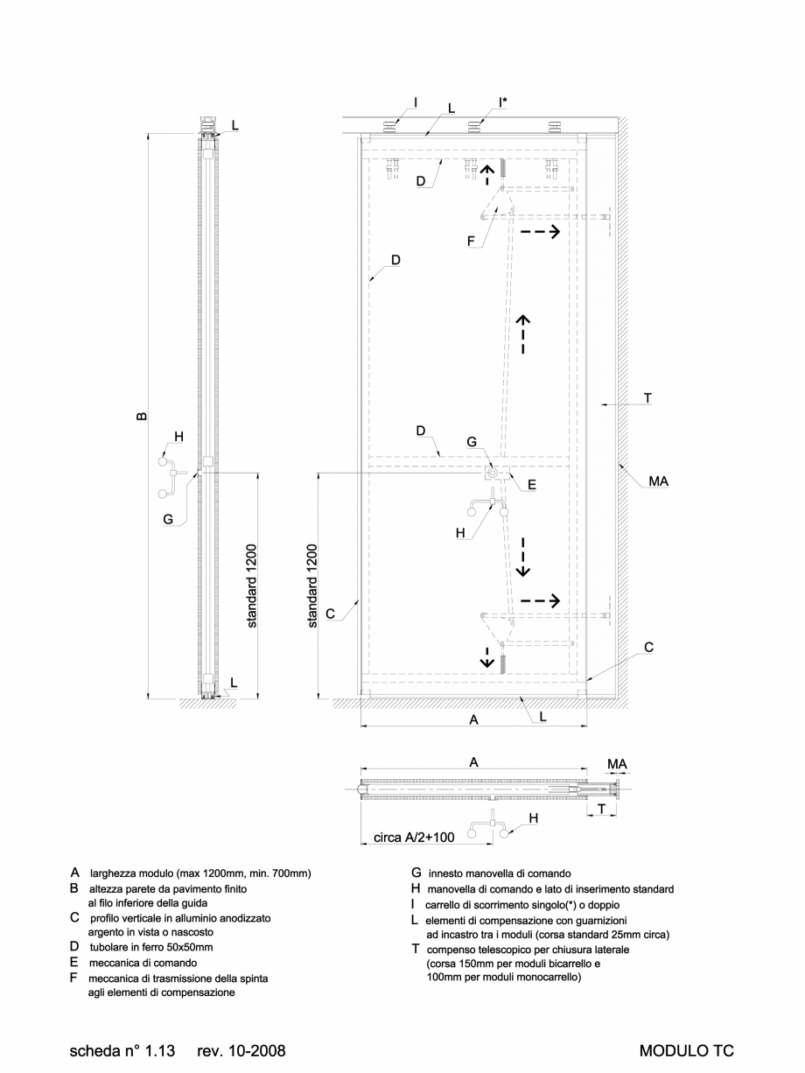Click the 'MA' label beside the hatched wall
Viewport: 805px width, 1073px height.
659,480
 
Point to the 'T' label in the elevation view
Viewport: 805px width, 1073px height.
647,397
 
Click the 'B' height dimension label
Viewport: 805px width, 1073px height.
142,417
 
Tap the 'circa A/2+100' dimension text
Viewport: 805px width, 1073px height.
414,838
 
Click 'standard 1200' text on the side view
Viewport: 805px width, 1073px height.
252,586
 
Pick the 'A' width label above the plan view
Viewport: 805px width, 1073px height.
473,762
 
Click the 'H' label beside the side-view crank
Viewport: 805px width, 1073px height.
178,437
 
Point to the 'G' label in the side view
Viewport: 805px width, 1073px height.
168,519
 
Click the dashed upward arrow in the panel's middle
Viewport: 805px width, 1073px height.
522,333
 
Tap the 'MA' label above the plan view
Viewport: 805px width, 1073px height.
617,764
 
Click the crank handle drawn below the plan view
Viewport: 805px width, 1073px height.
490,828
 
